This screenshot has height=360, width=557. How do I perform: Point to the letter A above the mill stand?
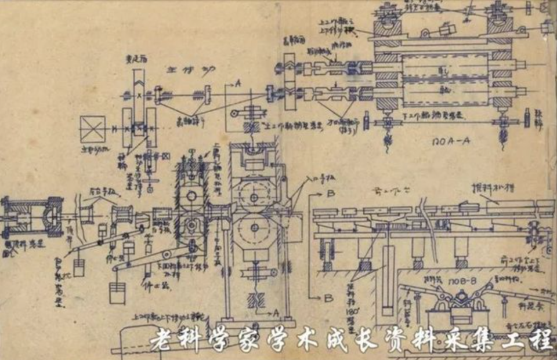click(238, 83)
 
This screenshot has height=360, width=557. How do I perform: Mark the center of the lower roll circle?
click(254, 228)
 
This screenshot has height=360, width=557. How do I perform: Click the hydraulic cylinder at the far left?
click(29, 218)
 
